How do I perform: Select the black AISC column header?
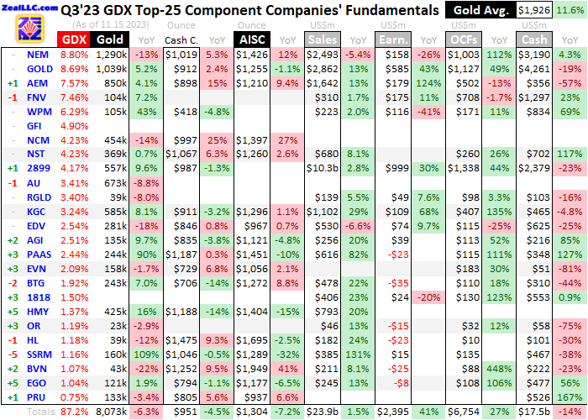[x=252, y=39]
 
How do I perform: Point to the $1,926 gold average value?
[x=531, y=10]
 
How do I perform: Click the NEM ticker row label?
[x=37, y=54]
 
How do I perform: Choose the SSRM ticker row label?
[x=37, y=355]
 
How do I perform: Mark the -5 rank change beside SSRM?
[x=12, y=355]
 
